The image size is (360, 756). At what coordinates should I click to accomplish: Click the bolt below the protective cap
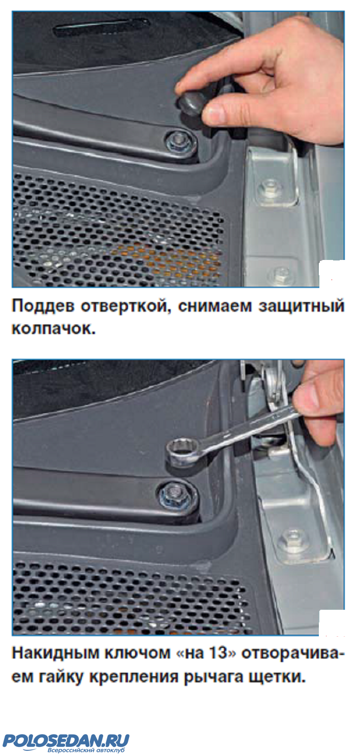[x=180, y=143]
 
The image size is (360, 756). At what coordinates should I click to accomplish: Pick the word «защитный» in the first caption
[x=301, y=307]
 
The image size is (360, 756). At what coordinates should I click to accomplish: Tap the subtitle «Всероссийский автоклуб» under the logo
[x=86, y=750]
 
